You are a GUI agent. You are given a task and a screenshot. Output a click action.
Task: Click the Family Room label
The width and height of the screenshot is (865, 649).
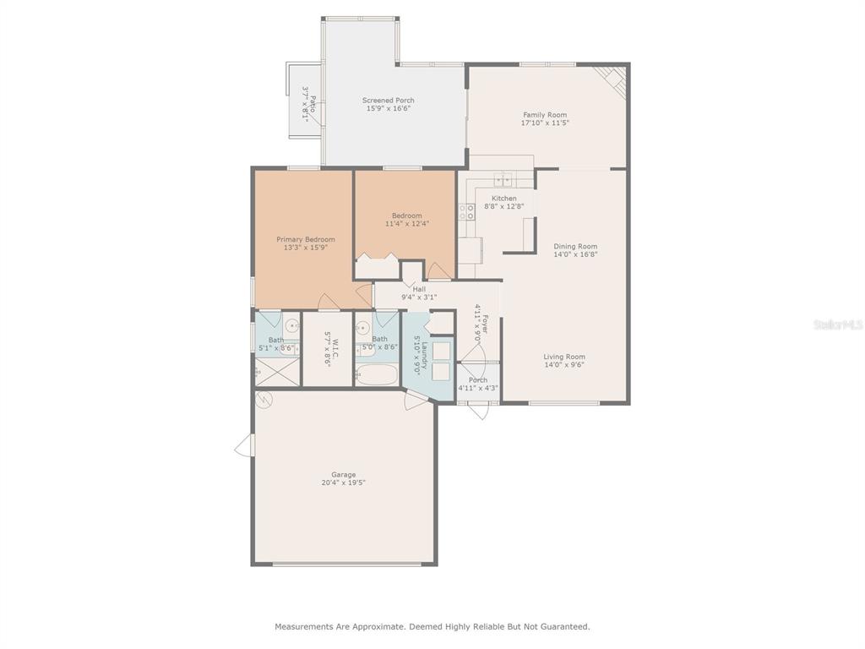545,115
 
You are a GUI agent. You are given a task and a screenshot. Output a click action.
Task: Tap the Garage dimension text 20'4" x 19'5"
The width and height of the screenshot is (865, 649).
344,483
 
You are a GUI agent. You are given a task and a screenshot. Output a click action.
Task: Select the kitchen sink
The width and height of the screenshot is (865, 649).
503,179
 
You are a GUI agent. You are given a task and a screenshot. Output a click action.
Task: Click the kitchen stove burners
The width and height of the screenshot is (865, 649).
466,212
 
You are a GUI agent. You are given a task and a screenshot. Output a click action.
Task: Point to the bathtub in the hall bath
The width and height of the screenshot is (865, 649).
376,375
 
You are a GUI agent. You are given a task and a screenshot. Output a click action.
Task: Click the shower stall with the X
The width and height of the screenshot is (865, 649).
277,372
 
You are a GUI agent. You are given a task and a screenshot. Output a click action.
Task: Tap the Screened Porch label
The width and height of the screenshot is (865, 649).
389,101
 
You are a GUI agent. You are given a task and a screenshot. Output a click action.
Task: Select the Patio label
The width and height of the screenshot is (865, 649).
313,105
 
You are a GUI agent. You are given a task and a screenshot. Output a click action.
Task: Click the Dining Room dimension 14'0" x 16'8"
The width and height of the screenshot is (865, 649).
575,254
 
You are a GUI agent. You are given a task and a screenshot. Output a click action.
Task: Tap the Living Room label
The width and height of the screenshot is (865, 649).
564,357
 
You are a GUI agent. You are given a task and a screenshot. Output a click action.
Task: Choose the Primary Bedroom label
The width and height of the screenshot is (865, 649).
306,239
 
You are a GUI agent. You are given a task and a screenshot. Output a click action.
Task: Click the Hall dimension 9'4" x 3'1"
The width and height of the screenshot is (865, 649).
419,297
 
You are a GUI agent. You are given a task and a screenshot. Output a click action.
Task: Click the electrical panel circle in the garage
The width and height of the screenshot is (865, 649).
264,400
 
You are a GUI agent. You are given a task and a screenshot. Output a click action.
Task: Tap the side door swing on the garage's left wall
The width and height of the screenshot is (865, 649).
244,445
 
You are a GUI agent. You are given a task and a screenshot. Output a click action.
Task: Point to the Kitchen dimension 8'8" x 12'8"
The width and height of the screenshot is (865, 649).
504,206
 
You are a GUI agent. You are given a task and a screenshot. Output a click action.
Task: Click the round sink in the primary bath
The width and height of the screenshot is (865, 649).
291,324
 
